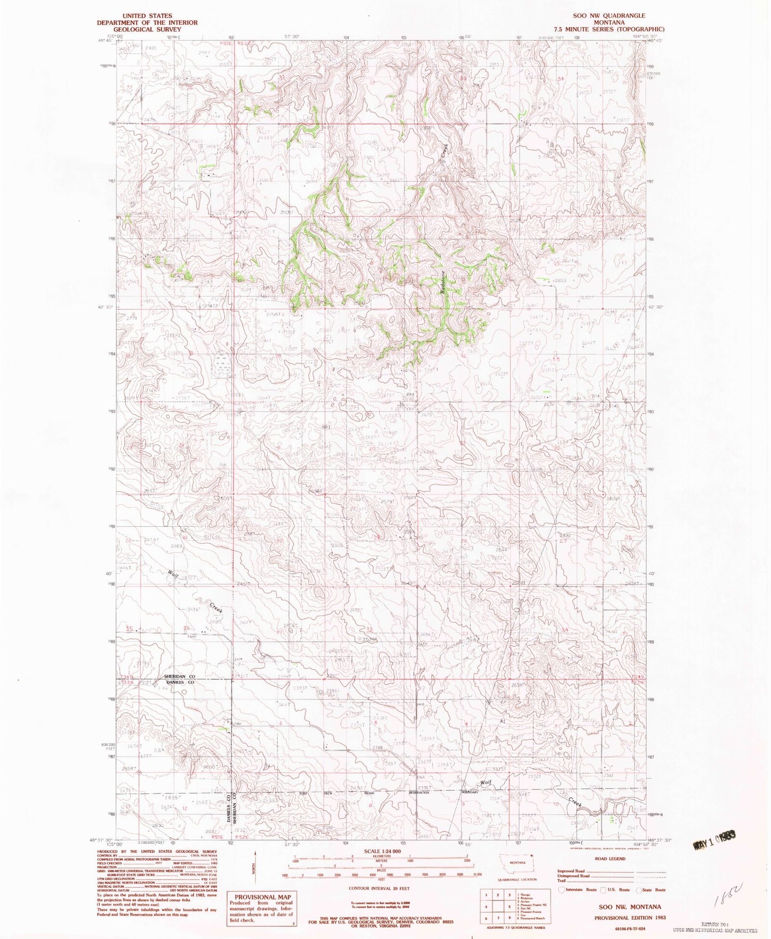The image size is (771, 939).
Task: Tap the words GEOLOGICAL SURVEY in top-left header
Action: tap(147, 29)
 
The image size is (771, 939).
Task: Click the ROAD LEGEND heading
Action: tap(610, 859)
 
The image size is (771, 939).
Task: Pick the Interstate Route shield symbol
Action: tap(561, 889)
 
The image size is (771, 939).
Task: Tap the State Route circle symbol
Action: tap(639, 889)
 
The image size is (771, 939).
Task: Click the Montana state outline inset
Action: tap(516, 862)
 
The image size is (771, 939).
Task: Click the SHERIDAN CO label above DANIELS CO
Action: tap(179, 676)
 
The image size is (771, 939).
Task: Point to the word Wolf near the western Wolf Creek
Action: tap(173, 575)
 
